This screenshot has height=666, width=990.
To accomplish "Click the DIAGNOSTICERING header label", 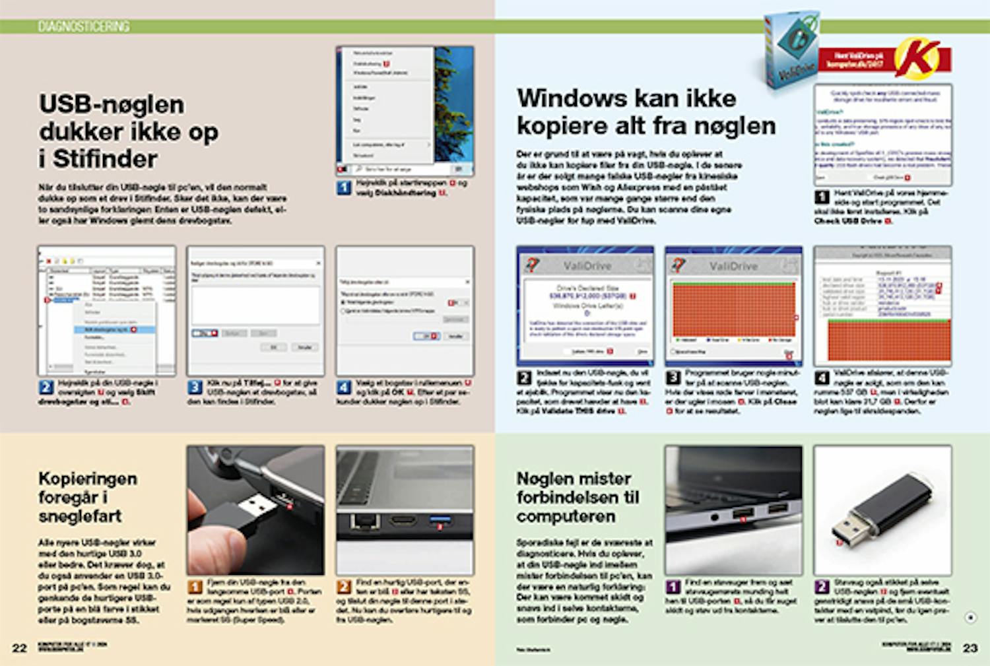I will coord(83,26).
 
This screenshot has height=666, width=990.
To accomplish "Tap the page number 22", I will coord(20,648).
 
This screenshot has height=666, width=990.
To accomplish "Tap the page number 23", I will coord(970,648).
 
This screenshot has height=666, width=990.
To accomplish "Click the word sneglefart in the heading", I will coord(80,516).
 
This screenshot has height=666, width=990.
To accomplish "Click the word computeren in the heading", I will coord(566,516).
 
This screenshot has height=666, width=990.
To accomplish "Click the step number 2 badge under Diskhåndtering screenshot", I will coord(46,387).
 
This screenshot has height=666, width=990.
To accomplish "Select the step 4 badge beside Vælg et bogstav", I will coord(344,387).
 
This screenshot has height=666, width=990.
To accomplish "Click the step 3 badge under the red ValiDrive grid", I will coord(673,378).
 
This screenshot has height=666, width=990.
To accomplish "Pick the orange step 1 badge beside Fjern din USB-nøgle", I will coord(195,587).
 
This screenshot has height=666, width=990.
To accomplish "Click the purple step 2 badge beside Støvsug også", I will coord(822,587).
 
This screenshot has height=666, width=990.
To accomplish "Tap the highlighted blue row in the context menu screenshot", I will coord(110,329).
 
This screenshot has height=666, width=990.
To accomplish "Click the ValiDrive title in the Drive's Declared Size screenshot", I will coord(587,266).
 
